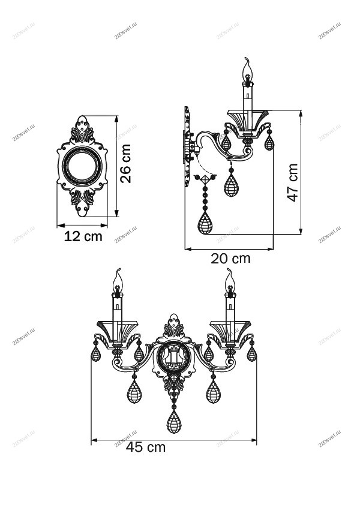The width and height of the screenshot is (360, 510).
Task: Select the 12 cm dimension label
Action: coord(83,236)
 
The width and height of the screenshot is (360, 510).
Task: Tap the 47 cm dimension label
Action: coord(292,182)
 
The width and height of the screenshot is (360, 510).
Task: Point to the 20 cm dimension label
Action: coord(231,259)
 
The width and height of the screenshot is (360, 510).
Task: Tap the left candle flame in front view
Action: coord(118,280)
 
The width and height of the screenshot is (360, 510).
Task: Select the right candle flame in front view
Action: coord(229,279)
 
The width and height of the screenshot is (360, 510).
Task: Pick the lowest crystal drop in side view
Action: coord(205,224)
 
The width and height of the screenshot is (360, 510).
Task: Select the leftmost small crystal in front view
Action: coord(95,354)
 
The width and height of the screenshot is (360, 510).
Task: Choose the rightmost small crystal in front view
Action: coord(251,353)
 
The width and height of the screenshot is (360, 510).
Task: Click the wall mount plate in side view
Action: coord(187,138)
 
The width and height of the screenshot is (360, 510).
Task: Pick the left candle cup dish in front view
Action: coord(117,331)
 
